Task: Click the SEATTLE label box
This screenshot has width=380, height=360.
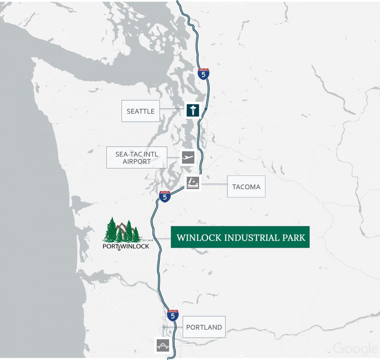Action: pyautogui.click(x=140, y=111)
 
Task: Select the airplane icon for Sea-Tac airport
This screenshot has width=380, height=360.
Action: pyautogui.click(x=188, y=157)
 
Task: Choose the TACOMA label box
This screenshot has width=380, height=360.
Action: pyautogui.click(x=246, y=187)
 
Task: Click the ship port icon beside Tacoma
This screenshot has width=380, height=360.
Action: pyautogui.click(x=193, y=183)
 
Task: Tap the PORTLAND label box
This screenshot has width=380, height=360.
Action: pyautogui.click(x=204, y=327)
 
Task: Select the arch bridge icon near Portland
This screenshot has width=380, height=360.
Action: pyautogui.click(x=163, y=345)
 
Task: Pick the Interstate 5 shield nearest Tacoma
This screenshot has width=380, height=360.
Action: pyautogui.click(x=165, y=197)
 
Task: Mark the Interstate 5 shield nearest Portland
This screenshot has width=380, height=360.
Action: pyautogui.click(x=173, y=315)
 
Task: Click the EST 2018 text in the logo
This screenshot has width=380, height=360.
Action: pyautogui.click(x=148, y=241)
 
